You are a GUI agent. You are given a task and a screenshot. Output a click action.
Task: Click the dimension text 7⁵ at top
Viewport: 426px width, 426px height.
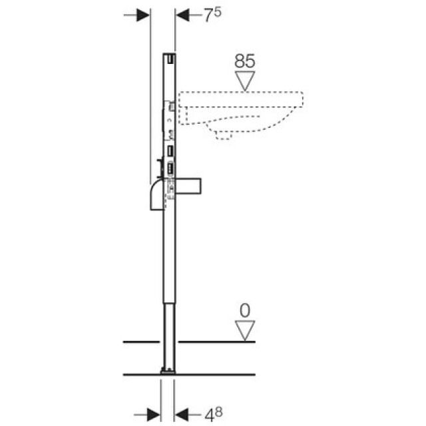click(211, 15)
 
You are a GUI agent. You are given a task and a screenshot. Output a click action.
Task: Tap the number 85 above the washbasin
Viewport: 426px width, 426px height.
click(244, 61)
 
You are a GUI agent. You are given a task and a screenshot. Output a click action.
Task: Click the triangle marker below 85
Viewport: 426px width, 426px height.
click(245, 81)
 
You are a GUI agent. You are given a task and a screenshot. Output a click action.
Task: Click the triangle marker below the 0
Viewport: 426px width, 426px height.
click(245, 329)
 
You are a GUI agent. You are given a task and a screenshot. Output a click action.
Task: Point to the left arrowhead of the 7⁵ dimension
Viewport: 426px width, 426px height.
click(142, 15)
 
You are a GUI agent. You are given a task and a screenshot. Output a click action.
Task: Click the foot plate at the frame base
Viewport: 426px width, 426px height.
click(168, 369)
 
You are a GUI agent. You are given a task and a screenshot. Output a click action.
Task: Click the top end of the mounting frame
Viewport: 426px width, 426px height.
click(169, 56)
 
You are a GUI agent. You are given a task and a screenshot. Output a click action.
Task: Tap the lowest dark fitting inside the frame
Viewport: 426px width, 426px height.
click(170, 169)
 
